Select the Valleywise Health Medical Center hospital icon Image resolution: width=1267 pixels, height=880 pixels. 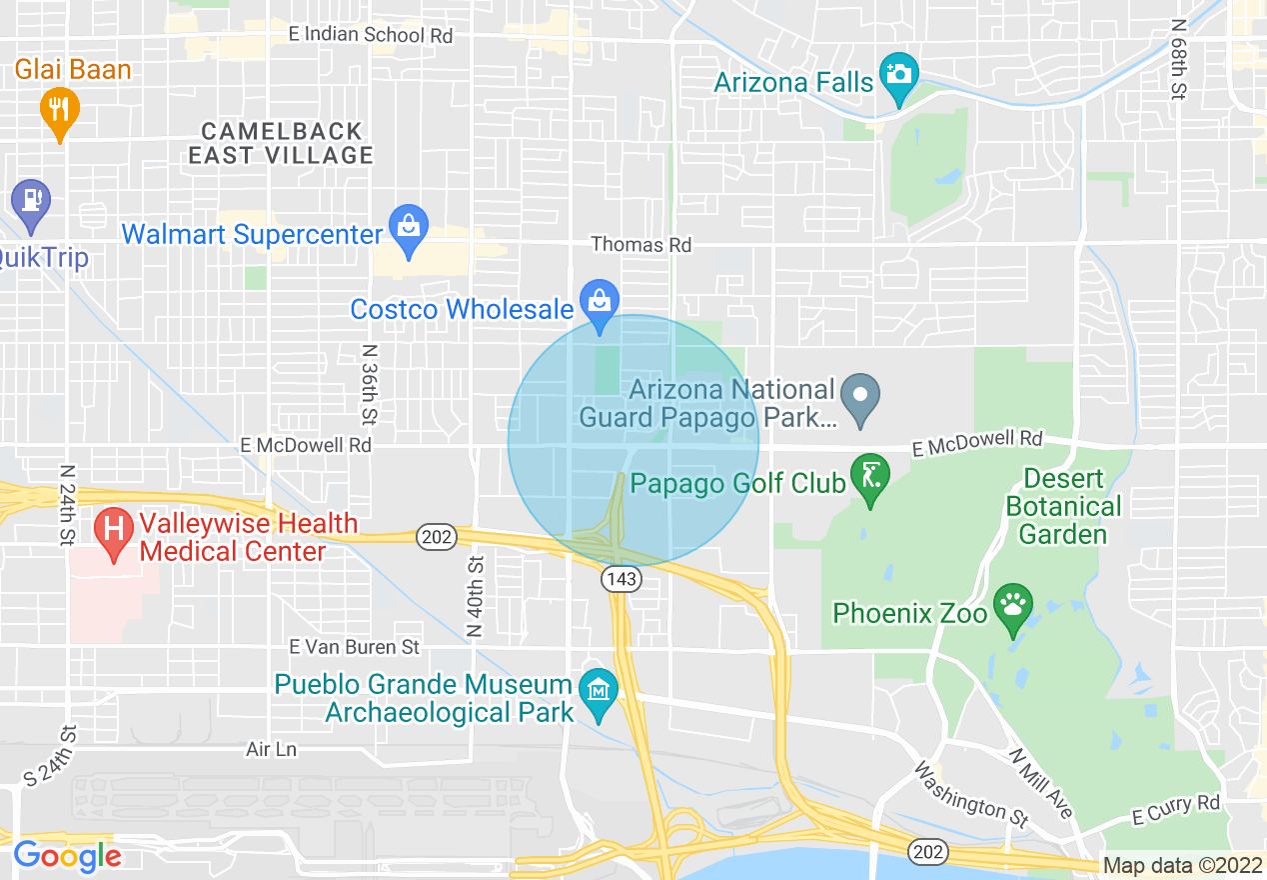pyautogui.click(x=114, y=531)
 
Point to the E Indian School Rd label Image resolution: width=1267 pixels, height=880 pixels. pyautogui.click(x=370, y=35)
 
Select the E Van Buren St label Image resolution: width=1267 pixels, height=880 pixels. pyautogui.click(x=354, y=647)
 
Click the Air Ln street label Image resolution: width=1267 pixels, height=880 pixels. pyautogui.click(x=272, y=749)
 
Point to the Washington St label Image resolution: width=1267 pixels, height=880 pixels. pyautogui.click(x=971, y=795)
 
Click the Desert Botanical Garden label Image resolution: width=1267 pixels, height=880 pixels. pyautogui.click(x=1063, y=506)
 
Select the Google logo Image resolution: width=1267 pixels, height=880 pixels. pyautogui.click(x=68, y=856)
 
